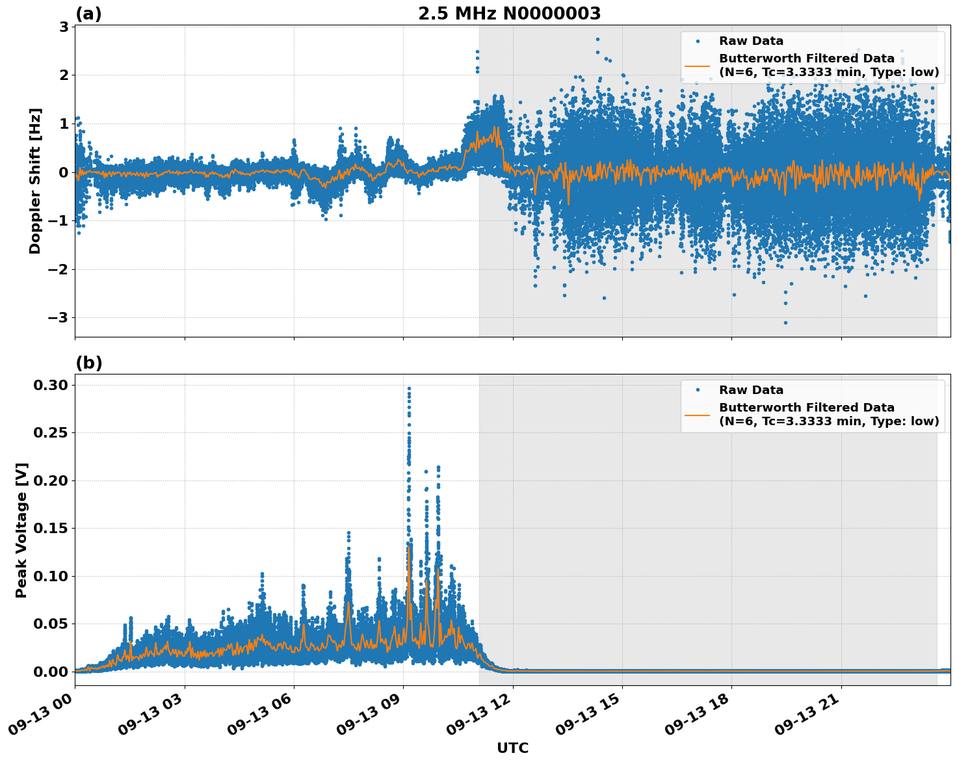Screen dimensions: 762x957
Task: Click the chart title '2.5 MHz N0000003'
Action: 509,14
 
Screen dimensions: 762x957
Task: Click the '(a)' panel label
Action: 88,14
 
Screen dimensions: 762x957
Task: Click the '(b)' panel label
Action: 88,363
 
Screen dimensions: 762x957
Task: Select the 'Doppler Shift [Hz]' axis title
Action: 35,181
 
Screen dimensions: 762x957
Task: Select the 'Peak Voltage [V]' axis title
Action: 21,530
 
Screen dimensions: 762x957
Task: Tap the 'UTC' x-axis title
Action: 512,748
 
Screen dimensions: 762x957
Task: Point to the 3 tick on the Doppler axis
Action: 64,27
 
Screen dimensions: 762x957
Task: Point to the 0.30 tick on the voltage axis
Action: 50,385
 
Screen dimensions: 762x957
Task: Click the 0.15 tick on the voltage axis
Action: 50,529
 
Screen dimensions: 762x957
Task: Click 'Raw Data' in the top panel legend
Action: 751,41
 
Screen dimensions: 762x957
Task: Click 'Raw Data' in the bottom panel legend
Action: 751,390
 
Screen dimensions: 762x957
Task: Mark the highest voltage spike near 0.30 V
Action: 409,388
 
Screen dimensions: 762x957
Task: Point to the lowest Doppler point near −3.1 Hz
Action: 785,322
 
